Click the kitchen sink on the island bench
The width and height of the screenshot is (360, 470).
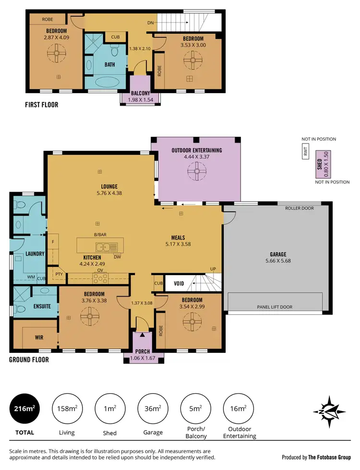(106, 248)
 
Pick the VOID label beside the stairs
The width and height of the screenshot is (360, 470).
(180, 284)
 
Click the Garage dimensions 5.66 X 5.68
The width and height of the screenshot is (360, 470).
(278, 261)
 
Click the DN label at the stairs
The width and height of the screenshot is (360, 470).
(150, 22)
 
